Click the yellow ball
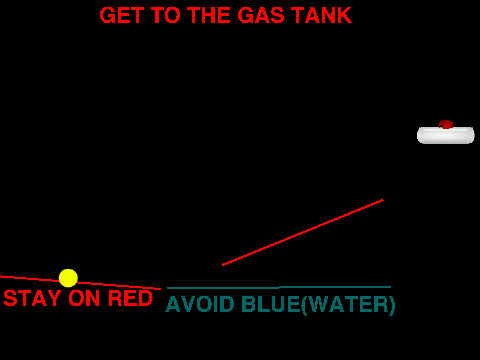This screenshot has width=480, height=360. (68, 278)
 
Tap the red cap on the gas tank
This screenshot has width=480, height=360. (446, 124)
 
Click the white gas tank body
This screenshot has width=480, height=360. (446, 135)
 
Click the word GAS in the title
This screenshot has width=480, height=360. (261, 15)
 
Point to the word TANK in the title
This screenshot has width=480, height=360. (321, 15)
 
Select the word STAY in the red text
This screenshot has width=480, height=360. (32, 298)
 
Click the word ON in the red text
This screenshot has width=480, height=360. (84, 298)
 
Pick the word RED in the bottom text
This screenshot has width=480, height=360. (130, 298)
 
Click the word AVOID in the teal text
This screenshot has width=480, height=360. (200, 304)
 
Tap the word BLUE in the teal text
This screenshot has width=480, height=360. (271, 304)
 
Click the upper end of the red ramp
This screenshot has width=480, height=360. (383, 200)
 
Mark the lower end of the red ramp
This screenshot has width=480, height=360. (223, 265)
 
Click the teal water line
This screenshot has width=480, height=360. (279, 287)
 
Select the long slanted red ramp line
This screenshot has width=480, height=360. (303, 232)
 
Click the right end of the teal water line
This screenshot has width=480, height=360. (391, 287)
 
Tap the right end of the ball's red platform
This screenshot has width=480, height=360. (161, 289)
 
